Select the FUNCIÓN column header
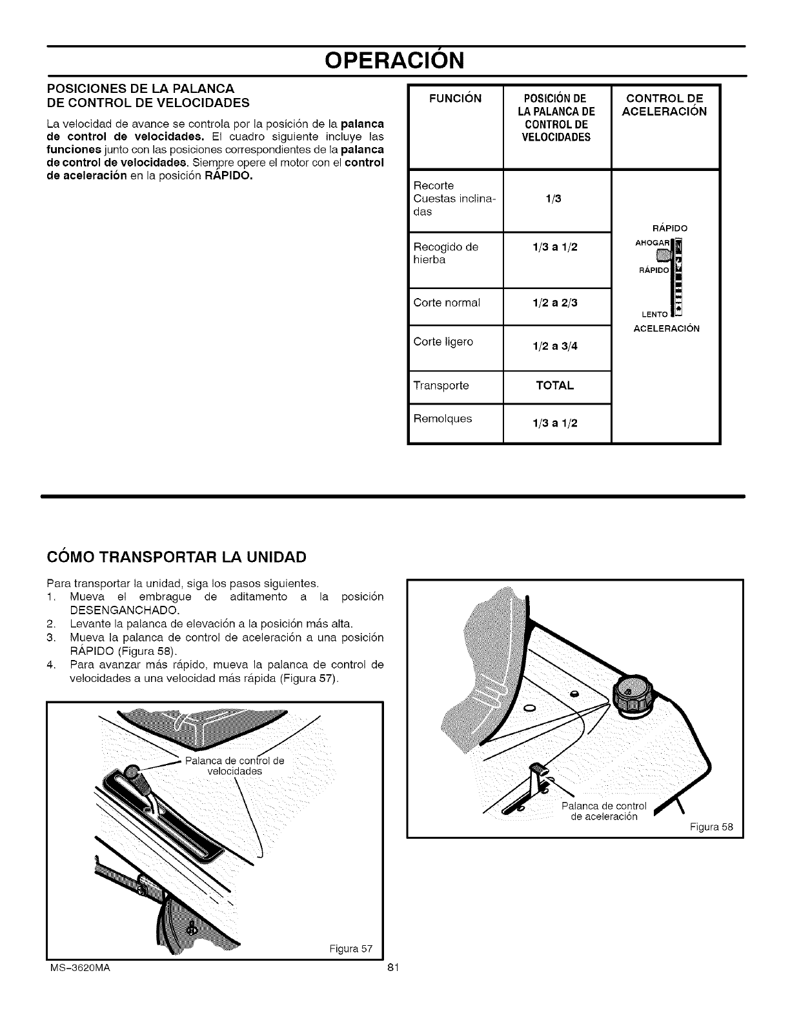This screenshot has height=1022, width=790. coord(456,99)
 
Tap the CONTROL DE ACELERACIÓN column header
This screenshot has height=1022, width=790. coord(664,105)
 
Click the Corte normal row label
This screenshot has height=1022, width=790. coord(447,302)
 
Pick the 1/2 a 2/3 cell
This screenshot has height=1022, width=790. coord(554,303)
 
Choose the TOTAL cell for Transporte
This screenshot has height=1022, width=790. coord(554,386)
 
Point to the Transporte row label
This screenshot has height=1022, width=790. coord(441,386)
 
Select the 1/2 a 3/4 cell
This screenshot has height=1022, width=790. coord(554,346)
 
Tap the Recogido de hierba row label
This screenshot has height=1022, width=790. coord(445,253)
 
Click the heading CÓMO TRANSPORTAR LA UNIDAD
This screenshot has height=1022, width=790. coord(176,556)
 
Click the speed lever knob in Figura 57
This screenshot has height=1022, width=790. coord(132,772)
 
